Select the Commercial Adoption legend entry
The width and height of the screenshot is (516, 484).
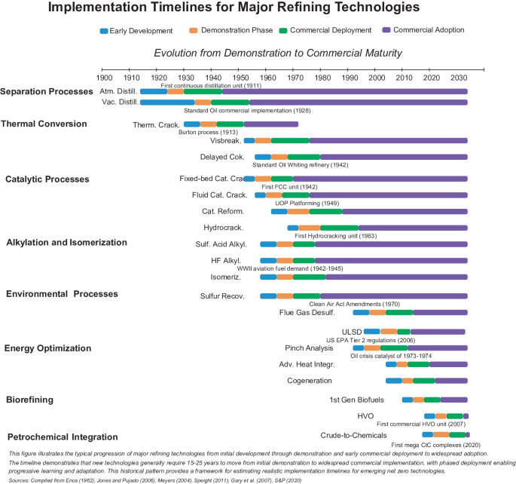click(x=426, y=30)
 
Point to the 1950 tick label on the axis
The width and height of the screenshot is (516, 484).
click(x=241, y=78)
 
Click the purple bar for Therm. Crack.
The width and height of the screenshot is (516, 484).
click(x=270, y=124)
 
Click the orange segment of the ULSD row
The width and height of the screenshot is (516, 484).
click(x=389, y=331)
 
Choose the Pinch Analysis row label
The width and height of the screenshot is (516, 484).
click(x=309, y=348)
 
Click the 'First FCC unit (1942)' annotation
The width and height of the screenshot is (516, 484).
click(x=289, y=186)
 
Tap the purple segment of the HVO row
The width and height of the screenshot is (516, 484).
click(x=466, y=415)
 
